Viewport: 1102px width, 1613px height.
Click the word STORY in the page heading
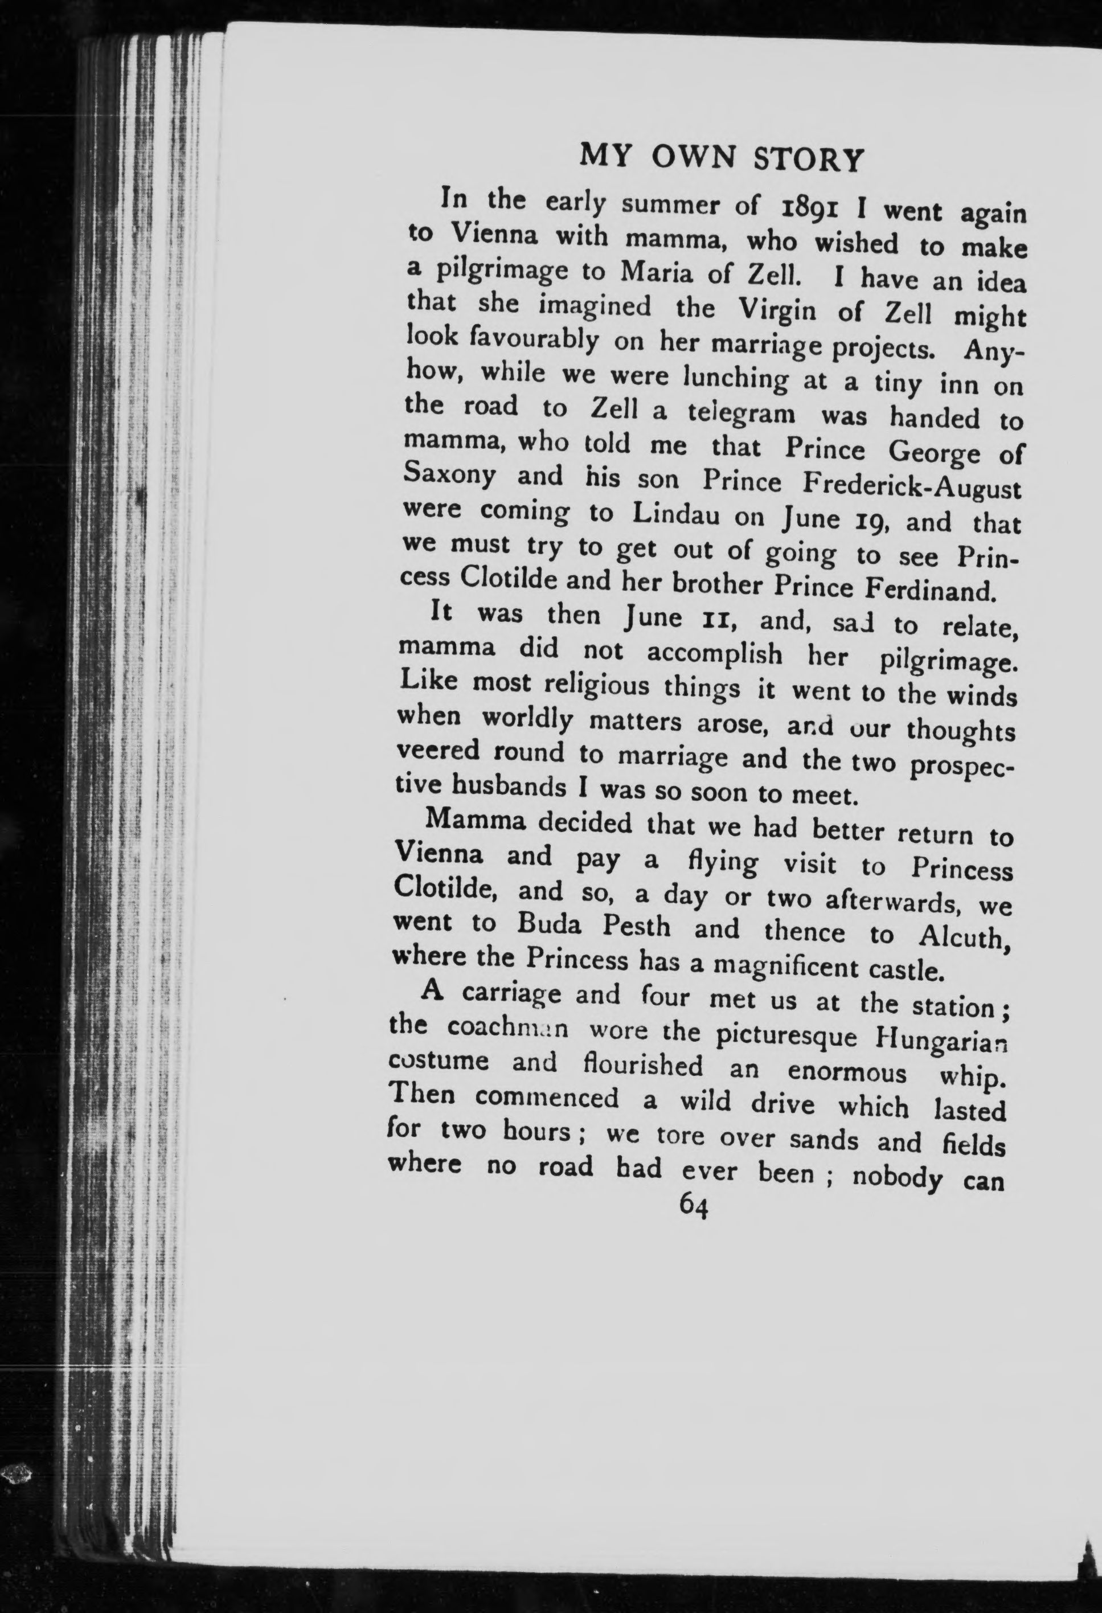809,159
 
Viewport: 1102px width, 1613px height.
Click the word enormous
847,1072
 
